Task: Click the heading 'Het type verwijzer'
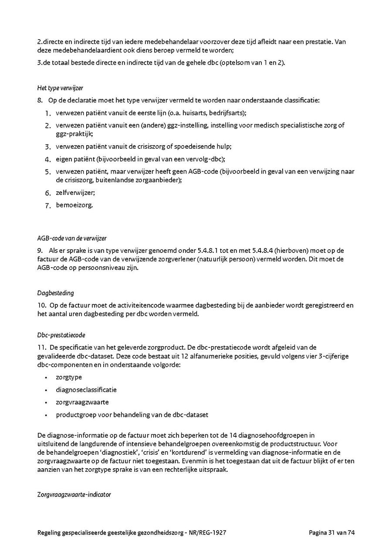pyautogui.click(x=60, y=88)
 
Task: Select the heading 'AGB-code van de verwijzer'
pyautogui.click(x=72, y=238)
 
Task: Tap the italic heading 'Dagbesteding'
pyautogui.click(x=55, y=293)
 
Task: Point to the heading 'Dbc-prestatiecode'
pyautogui.click(x=61, y=335)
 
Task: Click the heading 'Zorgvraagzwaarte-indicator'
pyautogui.click(x=74, y=494)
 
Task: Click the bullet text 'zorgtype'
pyautogui.click(x=69, y=377)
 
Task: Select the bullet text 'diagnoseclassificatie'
pyautogui.click(x=86, y=389)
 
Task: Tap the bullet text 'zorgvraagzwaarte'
pyautogui.click(x=82, y=402)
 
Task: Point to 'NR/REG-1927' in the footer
pyautogui.click(x=209, y=532)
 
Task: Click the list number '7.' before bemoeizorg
pyautogui.click(x=48, y=205)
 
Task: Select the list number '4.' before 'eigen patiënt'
pyautogui.click(x=48, y=159)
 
